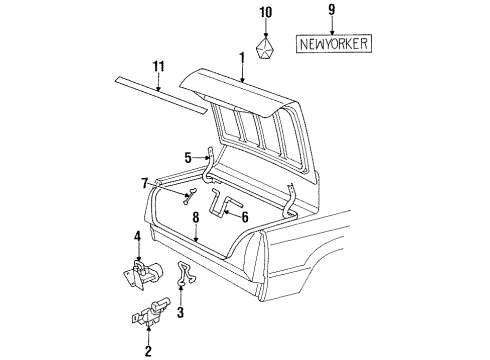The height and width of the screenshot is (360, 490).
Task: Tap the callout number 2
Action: (x=147, y=349)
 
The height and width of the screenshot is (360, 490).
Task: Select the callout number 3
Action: (x=180, y=313)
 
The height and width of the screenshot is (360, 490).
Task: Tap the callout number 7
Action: (x=145, y=183)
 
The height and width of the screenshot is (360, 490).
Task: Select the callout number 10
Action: (x=265, y=12)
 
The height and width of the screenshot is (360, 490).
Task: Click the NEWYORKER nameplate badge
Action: (x=332, y=43)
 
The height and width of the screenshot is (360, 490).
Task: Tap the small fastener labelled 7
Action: (x=186, y=198)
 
